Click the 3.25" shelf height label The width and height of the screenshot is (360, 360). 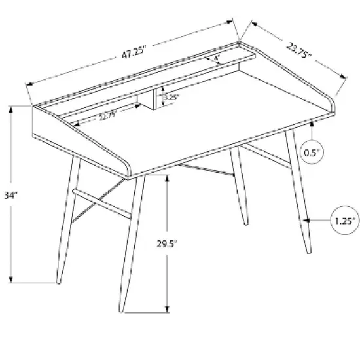point(171,98)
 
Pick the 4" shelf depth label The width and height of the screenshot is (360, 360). point(217,59)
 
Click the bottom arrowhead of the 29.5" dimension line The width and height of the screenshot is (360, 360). point(169,308)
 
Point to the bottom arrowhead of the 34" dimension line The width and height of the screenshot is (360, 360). point(12,279)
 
